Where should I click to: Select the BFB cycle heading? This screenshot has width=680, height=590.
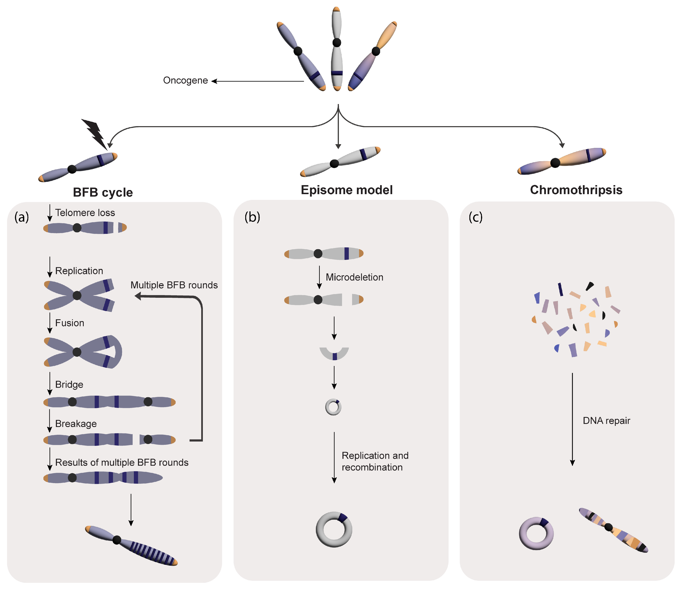pos(103,192)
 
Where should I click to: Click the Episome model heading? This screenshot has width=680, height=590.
pos(347,190)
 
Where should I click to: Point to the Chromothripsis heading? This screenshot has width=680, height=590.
pos(576,190)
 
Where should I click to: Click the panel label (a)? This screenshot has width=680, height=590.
pos(22,217)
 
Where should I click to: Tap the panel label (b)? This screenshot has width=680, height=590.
pos(252,217)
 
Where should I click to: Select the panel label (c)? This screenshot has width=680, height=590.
pos(475,217)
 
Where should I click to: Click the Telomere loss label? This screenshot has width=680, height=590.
pos(85,213)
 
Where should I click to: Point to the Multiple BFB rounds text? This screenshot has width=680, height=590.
pos(174,285)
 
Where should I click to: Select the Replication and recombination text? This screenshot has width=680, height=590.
pos(375,461)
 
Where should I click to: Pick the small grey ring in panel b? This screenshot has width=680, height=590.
pos(333,407)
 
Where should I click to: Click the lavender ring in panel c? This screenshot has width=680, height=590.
pos(536,533)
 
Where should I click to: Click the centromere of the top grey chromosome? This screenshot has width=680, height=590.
pos(336,42)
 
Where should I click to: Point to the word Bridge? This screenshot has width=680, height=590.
pos(69,385)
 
